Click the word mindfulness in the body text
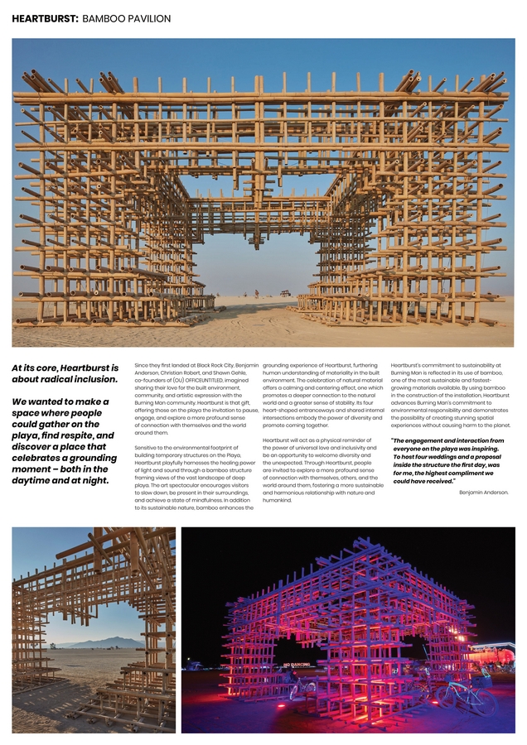tap(218, 500)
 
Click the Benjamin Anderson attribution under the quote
tap(483, 493)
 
